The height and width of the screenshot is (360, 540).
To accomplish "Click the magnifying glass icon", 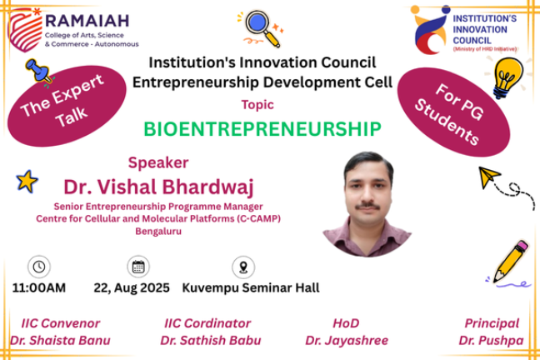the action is click(x=262, y=27).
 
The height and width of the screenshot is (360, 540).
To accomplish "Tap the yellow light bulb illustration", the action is click(x=507, y=77).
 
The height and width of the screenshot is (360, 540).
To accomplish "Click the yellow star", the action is click(x=27, y=181).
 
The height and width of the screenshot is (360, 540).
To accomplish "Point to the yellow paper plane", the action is click(x=488, y=177).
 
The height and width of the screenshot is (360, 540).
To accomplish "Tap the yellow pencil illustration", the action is click(x=511, y=262).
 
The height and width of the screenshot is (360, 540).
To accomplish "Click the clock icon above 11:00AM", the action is click(x=39, y=267).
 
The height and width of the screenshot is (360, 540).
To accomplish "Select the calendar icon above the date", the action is click(x=138, y=267).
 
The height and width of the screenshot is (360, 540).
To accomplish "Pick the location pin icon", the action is click(x=243, y=267).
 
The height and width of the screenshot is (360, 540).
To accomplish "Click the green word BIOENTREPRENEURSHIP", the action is click(x=262, y=129).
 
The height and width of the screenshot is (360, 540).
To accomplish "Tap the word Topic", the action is click(x=257, y=104).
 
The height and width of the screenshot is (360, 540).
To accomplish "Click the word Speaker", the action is click(x=158, y=162).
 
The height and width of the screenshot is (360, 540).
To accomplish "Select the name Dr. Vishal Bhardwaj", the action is click(x=159, y=187).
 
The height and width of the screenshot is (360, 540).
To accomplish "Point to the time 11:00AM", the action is click(x=39, y=287).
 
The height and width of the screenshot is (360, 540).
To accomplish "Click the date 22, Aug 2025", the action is click(x=132, y=288).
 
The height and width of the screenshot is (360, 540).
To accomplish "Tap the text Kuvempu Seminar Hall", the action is click(x=251, y=287).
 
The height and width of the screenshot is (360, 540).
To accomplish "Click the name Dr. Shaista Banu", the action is click(x=60, y=340).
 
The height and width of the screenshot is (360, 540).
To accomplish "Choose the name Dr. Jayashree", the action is click(x=347, y=340).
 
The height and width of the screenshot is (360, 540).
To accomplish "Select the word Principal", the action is click(x=492, y=323).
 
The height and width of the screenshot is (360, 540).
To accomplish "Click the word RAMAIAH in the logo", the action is click(x=87, y=21).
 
